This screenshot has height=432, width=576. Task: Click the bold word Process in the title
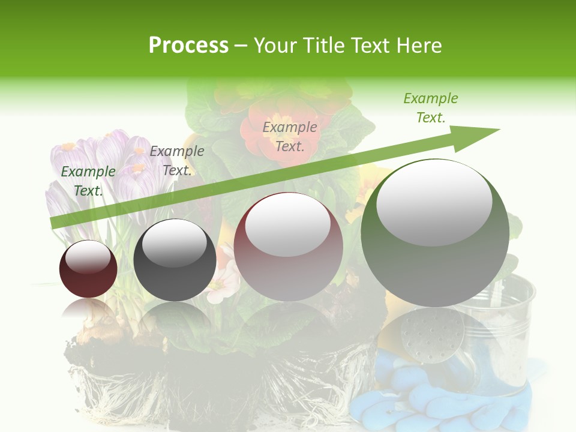click(x=188, y=45)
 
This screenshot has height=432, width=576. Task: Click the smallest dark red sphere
click(x=88, y=269)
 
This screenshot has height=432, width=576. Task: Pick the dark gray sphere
click(x=175, y=260)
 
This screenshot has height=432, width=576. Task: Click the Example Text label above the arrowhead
click(x=430, y=108)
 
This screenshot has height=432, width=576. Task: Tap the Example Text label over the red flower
click(x=290, y=136)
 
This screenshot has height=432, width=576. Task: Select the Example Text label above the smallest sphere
click(x=88, y=181)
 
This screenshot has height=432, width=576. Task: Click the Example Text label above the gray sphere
click(x=177, y=160)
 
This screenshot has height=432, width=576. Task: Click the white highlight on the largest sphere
click(x=434, y=202)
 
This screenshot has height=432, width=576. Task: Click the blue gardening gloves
click(x=444, y=396)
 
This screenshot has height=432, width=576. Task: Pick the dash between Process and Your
click(x=241, y=46)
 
